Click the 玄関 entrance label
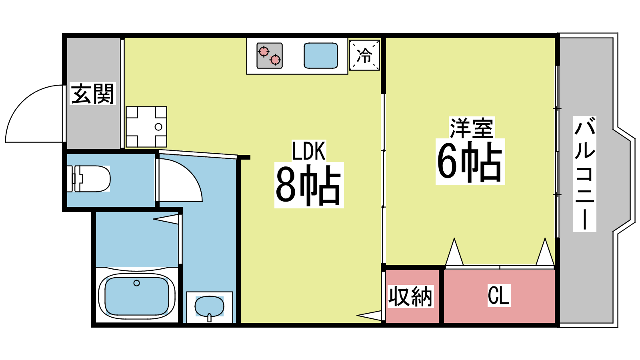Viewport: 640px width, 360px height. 92,94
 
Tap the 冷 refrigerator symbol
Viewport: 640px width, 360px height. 364,55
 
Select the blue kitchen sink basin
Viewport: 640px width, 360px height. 320,56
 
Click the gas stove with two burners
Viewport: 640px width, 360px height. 270,56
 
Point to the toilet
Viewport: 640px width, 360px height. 88,178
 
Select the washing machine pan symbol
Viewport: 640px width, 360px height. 146,127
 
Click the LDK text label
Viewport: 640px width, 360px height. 308,150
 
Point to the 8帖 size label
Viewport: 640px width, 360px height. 308,185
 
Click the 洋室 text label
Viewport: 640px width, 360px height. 472,128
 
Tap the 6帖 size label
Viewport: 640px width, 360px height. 470,162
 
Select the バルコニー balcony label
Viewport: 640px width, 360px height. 584,174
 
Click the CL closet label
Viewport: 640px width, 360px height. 499,296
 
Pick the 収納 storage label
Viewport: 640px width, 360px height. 410,296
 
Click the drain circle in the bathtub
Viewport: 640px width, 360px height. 136,283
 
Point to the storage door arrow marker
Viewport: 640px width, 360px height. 369,316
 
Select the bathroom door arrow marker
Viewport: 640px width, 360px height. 166,219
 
